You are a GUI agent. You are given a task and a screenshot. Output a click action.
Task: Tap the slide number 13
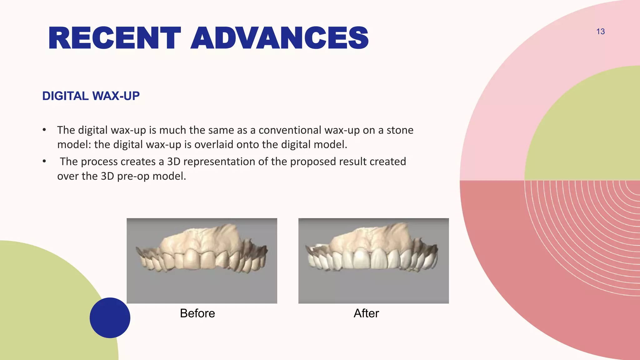[600, 32]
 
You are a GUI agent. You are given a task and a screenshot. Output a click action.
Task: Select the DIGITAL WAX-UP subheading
[91, 96]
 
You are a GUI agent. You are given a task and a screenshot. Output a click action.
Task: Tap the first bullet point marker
[44, 130]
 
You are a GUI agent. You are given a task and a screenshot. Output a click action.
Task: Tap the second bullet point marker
[44, 161]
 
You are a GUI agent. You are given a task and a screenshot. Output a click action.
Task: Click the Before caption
[197, 313]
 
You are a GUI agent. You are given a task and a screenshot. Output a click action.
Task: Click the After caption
[366, 313]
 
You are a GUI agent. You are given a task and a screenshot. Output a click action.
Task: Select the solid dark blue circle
[110, 317]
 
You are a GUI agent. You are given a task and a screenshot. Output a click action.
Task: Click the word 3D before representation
[173, 162]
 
